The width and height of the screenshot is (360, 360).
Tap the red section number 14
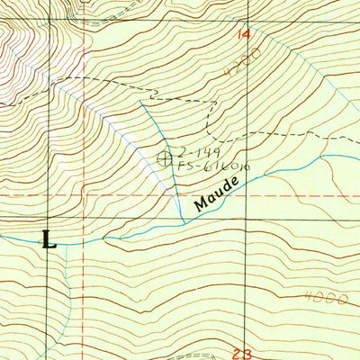click(244, 34)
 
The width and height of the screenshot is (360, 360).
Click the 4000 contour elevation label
click(325, 298)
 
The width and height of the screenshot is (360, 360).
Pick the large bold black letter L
click(49, 240)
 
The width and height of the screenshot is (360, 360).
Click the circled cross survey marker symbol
click(165, 158)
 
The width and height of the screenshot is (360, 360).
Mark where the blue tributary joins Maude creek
click(184, 221)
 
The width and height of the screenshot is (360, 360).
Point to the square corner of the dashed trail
click(209, 101)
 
